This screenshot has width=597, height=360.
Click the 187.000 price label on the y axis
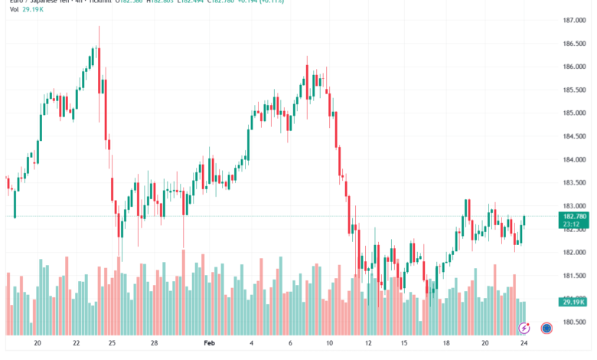click(x=574, y=20)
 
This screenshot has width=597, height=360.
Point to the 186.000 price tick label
click(x=574, y=67)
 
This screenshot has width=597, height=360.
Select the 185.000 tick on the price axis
click(x=574, y=113)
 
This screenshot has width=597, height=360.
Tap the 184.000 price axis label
click(x=574, y=160)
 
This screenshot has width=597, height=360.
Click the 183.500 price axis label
click(x=574, y=183)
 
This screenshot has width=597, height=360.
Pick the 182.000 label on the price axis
click(x=574, y=253)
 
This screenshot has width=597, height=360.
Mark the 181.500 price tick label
click(x=574, y=276)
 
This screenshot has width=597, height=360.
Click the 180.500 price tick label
click(x=574, y=322)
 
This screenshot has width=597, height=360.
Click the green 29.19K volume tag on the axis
click(x=574, y=303)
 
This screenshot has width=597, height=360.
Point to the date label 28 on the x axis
click(x=154, y=345)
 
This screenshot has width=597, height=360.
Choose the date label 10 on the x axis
click(x=329, y=345)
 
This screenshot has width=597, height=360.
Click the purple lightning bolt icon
click(x=524, y=328)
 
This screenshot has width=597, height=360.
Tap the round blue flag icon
click(x=546, y=328)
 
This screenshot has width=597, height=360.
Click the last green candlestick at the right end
click(x=525, y=221)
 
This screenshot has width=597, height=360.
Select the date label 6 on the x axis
click(x=291, y=345)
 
